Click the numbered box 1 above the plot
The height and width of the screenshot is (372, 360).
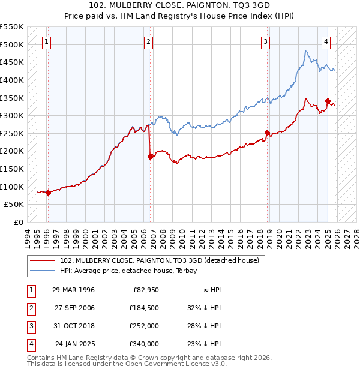point(46,42)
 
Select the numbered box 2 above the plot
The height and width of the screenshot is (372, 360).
point(148,42)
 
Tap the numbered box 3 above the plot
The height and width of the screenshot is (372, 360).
point(265,42)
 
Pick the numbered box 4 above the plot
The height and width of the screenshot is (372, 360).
point(325,42)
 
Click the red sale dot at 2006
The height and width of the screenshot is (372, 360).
point(151,157)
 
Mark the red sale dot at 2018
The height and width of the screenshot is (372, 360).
point(268,133)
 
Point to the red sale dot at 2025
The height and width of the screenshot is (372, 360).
point(328,101)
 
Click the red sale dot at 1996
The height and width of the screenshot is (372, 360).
point(48,193)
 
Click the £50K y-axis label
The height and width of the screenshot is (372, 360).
point(16,205)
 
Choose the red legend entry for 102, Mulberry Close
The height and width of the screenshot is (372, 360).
point(159,260)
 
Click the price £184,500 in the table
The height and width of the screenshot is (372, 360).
point(144,307)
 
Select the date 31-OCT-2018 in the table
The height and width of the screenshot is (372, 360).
point(74,325)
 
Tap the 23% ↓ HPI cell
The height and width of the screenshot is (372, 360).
point(204,344)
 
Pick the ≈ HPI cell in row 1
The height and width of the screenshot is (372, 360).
point(210,290)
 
